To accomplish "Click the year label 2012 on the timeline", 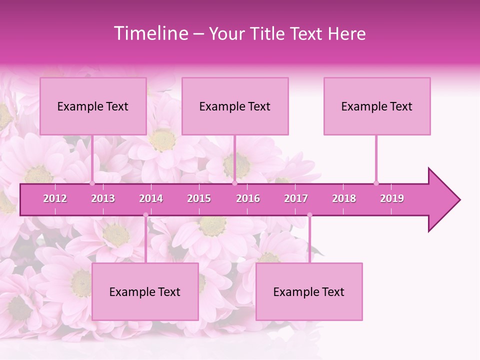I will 55,198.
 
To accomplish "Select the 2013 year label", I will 103,198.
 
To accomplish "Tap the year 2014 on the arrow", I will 151,198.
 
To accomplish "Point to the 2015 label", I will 199,198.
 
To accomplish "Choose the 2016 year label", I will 248,198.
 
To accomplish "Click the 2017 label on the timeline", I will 296,198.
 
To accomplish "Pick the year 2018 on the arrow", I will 344,198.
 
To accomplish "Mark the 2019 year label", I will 392,198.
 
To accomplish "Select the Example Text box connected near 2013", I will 93,106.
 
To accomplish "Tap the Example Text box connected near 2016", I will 235,106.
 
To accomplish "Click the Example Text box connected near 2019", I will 377,106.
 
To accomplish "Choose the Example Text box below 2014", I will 145,291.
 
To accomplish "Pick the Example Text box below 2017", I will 309,291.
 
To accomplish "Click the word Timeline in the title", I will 149,33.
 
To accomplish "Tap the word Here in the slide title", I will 346,34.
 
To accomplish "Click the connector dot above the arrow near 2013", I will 92,183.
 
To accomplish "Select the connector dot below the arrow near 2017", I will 309,215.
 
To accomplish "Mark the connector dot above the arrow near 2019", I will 376,183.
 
